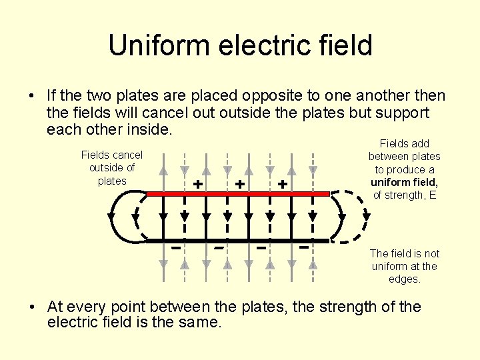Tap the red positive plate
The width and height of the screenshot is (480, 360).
pos(237,194)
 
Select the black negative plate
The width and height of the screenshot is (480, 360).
pos(237,240)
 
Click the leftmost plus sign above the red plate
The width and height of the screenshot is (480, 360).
pos(197,183)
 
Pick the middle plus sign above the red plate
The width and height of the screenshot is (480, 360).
pos(240,183)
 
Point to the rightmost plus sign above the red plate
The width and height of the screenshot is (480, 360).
pos(283,183)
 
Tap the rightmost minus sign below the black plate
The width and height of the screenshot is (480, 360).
pos(304,248)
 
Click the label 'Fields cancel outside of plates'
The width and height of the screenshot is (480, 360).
pos(112,168)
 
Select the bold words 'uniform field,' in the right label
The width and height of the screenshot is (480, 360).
pos(405,182)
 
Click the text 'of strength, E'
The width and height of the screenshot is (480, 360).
pos(405,195)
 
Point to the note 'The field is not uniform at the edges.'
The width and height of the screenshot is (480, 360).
pos(405,266)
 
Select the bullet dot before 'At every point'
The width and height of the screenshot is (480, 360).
pos(32,307)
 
